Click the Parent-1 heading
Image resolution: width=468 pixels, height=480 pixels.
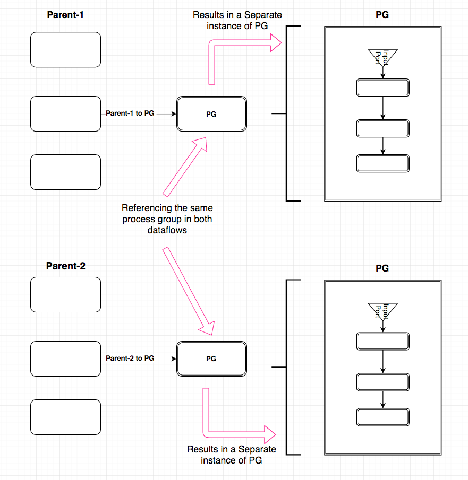65,15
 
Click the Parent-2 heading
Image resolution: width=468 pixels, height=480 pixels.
65,266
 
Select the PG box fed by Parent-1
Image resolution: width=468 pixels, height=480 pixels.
211,114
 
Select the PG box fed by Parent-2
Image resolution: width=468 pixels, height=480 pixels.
211,359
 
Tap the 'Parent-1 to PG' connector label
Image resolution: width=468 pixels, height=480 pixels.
130,114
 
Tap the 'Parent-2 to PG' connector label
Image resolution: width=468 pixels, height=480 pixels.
130,359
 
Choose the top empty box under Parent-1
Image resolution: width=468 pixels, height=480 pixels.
65,50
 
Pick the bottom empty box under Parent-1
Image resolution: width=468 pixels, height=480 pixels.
65,172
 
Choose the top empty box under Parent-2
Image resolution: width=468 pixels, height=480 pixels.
65,295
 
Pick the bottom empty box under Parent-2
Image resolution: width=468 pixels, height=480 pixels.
65,417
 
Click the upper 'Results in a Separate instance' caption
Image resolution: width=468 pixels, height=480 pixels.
237,21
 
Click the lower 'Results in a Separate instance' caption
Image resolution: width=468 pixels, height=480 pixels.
232,455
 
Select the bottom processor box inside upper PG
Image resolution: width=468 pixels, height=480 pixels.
382,163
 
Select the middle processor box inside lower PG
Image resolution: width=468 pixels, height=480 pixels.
382,382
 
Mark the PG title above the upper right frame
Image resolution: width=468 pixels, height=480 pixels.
382,15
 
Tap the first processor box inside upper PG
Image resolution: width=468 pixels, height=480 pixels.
382,88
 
